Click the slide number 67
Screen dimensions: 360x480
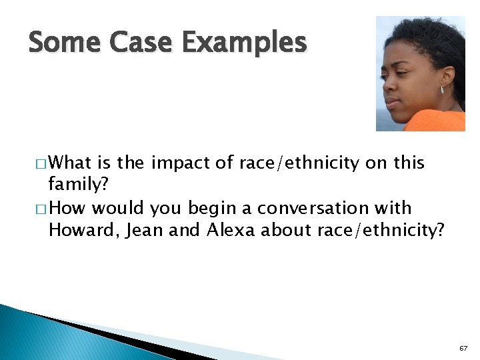(463, 348)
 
